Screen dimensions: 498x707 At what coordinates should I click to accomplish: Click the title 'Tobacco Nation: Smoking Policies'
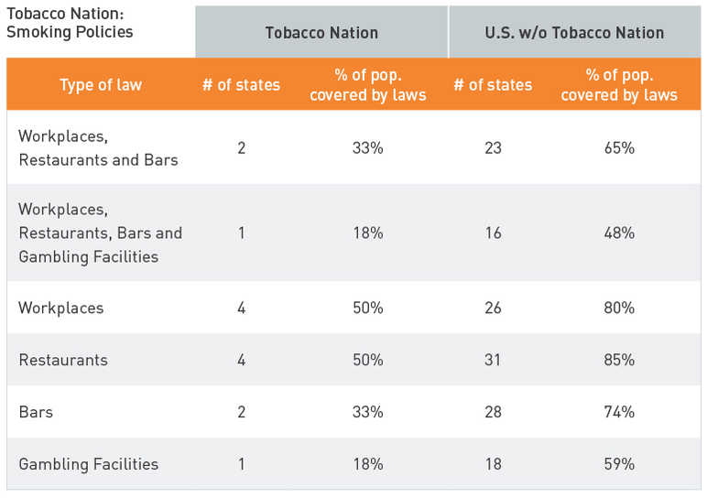pyautogui.click(x=70, y=24)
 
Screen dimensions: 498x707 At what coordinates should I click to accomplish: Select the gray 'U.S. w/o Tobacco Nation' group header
pyautogui.click(x=574, y=32)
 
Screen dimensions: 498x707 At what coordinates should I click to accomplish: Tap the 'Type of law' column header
pyautogui.click(x=101, y=85)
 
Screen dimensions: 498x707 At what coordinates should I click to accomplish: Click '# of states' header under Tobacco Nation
pyautogui.click(x=242, y=85)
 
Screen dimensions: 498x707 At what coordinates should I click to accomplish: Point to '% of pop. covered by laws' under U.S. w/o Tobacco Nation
pyautogui.click(x=619, y=85)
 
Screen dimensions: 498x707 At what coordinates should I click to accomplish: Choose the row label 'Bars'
pyautogui.click(x=36, y=412)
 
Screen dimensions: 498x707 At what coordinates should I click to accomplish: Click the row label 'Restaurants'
pyautogui.click(x=63, y=360)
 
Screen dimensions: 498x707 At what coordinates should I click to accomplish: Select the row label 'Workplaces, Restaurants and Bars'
pyautogui.click(x=98, y=147)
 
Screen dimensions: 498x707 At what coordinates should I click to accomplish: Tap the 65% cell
pyautogui.click(x=619, y=147)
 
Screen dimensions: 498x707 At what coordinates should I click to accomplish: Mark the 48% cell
pyautogui.click(x=619, y=233)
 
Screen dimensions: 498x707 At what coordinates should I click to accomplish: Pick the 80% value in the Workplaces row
pyautogui.click(x=619, y=308)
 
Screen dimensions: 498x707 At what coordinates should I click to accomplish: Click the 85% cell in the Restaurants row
pyautogui.click(x=619, y=360)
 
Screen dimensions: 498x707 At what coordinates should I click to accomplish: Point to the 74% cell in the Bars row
pyautogui.click(x=619, y=412)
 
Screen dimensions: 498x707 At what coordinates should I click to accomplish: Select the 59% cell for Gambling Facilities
pyautogui.click(x=619, y=464)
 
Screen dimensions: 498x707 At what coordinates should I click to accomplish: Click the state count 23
pyautogui.click(x=493, y=147)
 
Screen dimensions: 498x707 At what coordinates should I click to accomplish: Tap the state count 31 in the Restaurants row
pyautogui.click(x=493, y=360)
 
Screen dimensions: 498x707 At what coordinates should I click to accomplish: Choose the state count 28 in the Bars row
pyautogui.click(x=493, y=412)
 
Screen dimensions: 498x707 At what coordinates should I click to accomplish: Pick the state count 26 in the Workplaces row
pyautogui.click(x=493, y=308)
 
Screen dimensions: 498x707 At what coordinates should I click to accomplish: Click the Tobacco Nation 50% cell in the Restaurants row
pyautogui.click(x=367, y=360)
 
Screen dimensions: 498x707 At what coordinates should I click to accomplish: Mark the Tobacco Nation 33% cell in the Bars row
pyautogui.click(x=367, y=412)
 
